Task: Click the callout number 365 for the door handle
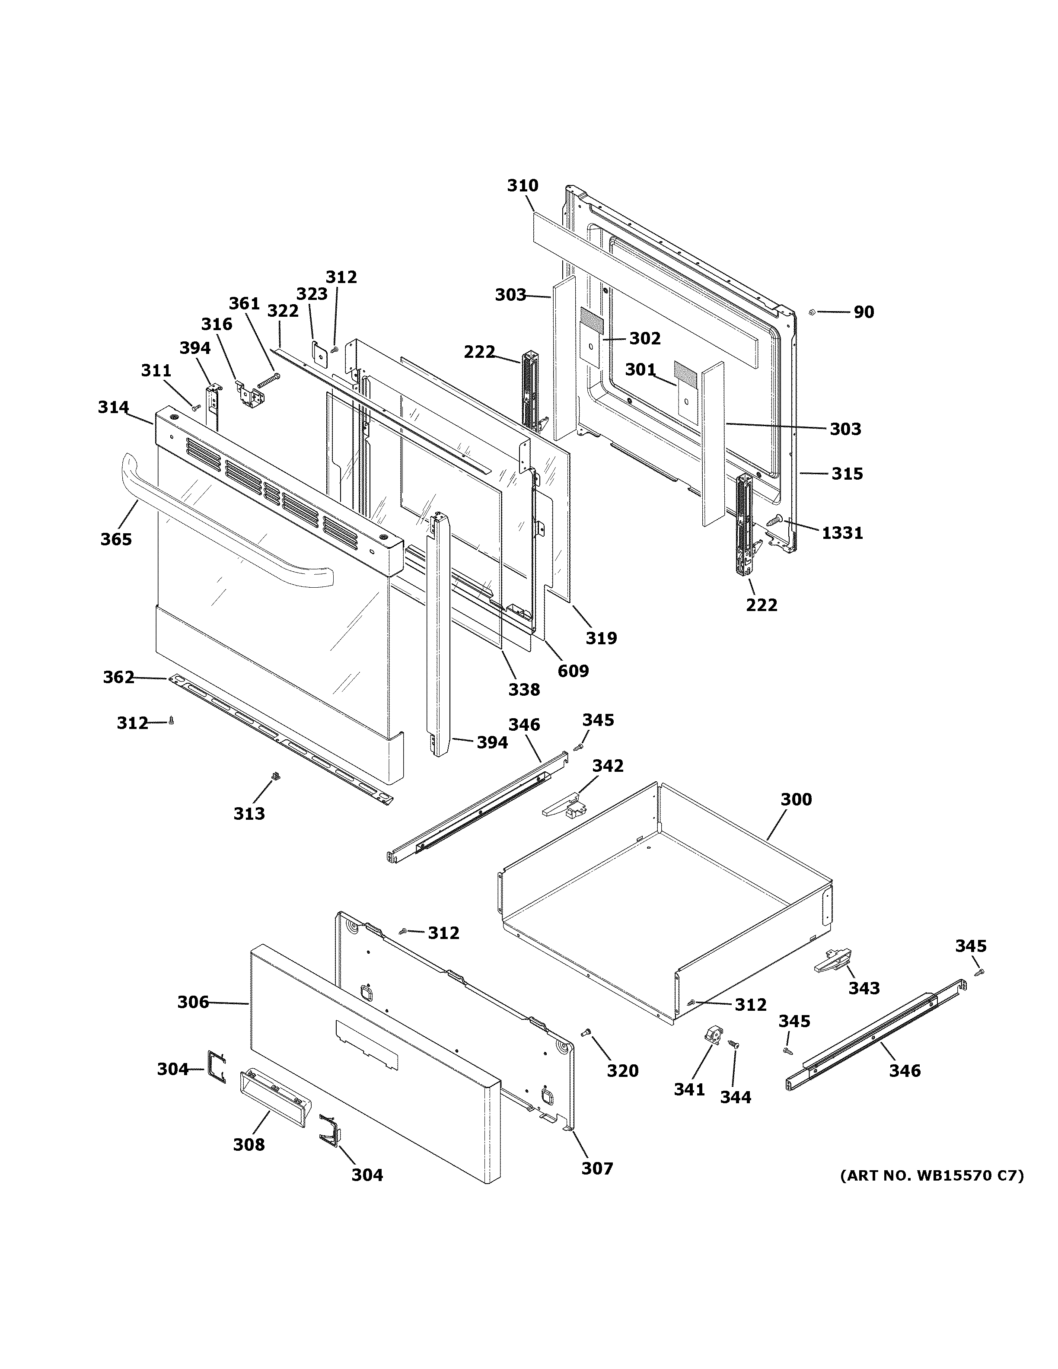click(x=116, y=539)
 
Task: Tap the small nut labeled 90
click(x=812, y=312)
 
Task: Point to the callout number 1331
click(x=842, y=533)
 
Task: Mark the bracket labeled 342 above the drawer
click(x=564, y=805)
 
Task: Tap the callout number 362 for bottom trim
click(x=118, y=677)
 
